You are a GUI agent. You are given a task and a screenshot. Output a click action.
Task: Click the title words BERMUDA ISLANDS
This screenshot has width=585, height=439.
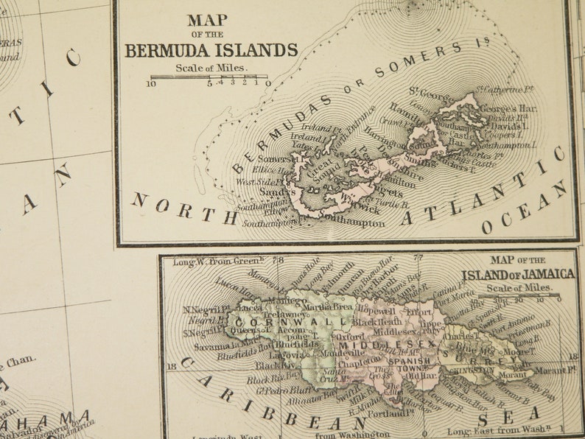point(211,50)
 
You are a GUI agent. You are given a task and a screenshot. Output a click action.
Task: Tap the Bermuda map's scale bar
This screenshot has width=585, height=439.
point(209,77)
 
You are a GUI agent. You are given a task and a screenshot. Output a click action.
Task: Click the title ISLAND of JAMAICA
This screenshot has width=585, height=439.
point(518,274)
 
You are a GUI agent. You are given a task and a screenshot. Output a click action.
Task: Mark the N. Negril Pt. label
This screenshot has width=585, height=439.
point(204,310)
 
